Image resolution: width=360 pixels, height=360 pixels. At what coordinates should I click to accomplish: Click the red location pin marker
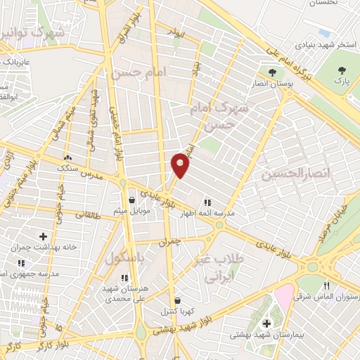coord(181,165)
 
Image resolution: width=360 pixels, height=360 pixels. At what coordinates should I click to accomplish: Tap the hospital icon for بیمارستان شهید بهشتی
coord(266,323)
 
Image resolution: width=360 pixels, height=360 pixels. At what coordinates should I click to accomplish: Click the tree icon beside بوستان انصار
coord(271,71)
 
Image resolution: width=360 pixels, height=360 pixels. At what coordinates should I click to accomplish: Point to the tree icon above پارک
coord(342,70)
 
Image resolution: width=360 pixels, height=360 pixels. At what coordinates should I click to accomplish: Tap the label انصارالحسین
coord(286,173)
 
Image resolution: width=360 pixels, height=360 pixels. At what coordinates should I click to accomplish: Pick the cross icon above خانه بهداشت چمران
coord(44,236)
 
